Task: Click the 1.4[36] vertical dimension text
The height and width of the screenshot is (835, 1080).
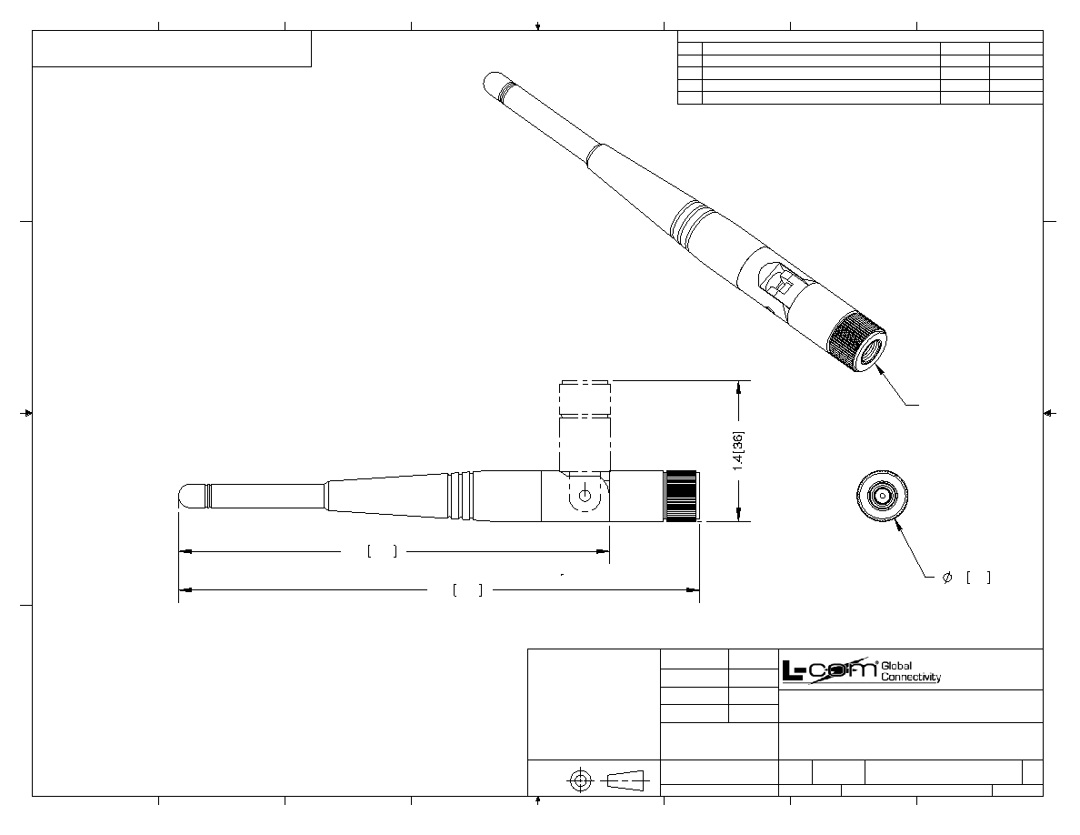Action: pos(738,451)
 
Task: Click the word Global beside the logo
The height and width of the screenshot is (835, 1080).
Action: pos(896,666)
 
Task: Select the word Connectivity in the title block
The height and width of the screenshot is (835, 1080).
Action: pos(911,678)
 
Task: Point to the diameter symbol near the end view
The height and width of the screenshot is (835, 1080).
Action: pos(947,578)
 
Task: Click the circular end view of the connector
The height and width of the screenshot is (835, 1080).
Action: pos(883,496)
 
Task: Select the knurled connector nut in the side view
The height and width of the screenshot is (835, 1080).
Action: pos(682,496)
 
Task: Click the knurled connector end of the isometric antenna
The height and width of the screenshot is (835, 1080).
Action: pos(857,342)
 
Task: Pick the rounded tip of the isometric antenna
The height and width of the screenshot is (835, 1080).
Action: pos(496,83)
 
